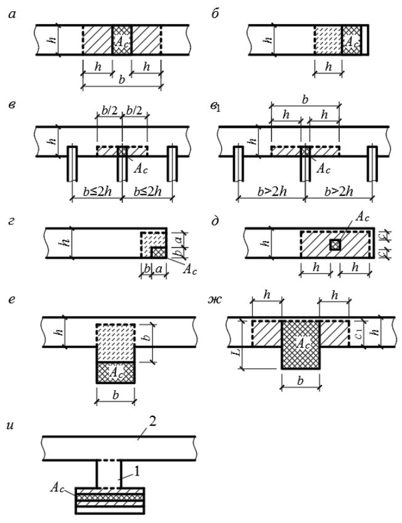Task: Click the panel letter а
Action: point(12,14)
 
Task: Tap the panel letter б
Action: point(215,14)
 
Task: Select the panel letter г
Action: point(12,221)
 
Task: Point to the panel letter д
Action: point(215,221)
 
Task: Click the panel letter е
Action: point(12,300)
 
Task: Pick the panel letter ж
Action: point(215,300)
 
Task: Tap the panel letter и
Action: point(10,426)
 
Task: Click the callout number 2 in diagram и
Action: point(152,422)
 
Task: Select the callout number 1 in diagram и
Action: point(137,471)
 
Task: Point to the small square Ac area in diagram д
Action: point(335,245)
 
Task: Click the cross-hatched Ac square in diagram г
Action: point(158,252)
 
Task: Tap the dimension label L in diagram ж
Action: point(237,352)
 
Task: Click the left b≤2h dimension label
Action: point(97,192)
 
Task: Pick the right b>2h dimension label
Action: point(338,192)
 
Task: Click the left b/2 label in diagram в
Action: point(109,110)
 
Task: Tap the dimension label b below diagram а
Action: point(122,80)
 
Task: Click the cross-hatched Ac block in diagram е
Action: point(115,373)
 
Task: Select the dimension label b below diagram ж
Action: point(300,381)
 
